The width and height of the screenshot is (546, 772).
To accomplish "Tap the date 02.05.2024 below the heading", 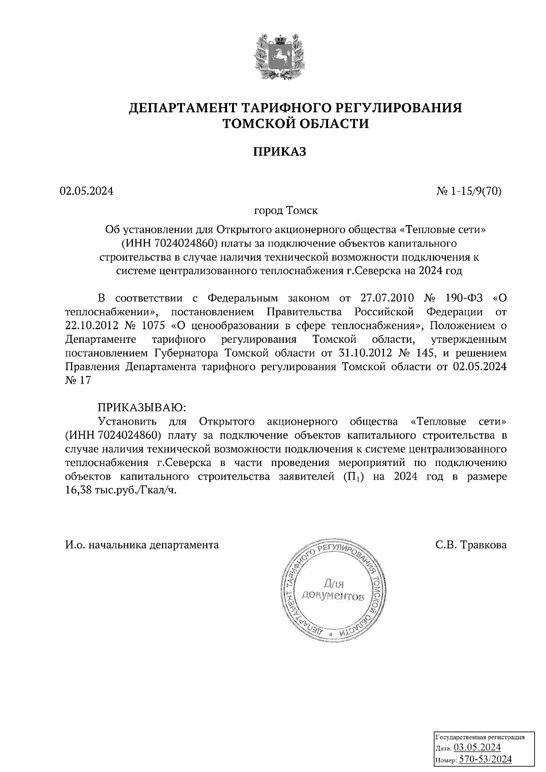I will (x=86, y=191).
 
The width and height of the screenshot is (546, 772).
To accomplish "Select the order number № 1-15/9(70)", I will (x=469, y=191).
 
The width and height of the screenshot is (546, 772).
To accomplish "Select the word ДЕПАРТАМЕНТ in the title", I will (x=183, y=108).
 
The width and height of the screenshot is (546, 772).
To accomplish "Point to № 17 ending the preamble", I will (x=78, y=381).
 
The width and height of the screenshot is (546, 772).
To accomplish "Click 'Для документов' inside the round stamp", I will (x=334, y=590).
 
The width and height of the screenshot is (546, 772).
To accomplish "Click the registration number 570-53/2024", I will (x=485, y=759).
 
